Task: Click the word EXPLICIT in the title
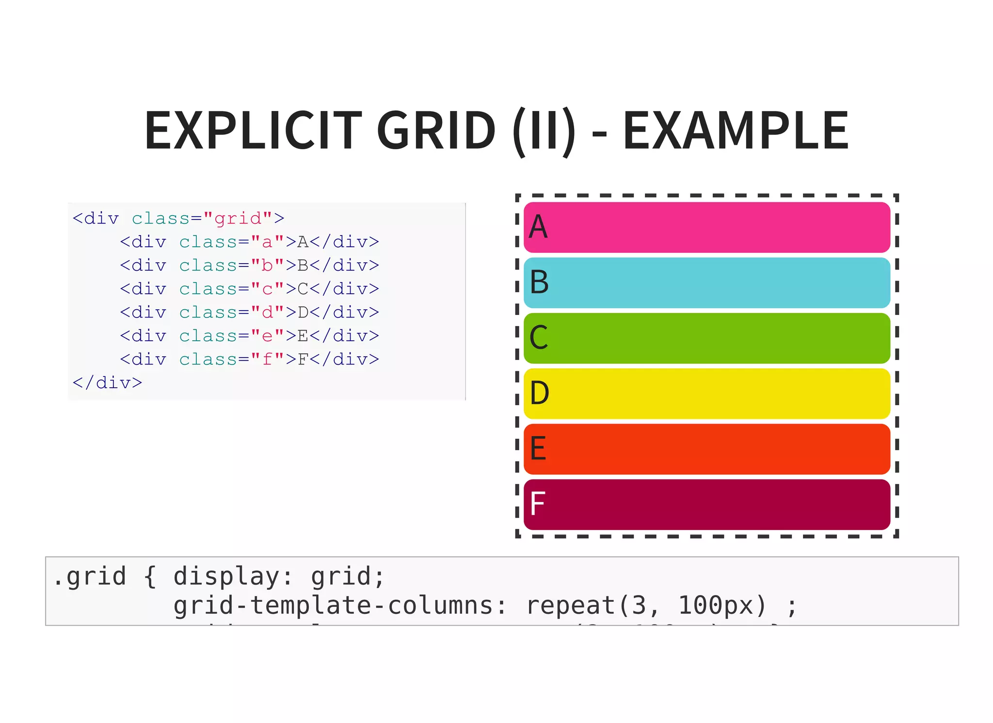pos(253,130)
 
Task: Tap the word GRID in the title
pos(436,130)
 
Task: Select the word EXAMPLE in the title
pos(736,130)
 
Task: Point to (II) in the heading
pos(545,130)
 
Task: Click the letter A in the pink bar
pos(538,227)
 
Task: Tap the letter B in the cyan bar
pos(539,282)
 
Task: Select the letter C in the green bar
pos(539,338)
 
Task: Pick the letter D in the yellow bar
pos(539,393)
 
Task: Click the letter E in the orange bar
pos(538,449)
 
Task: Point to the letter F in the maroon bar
pos(537,504)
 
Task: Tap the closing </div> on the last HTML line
pos(107,383)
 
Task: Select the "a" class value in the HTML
pos(267,242)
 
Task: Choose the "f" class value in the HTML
pos(267,360)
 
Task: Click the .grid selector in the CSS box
pos(90,577)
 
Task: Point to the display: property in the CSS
pos(233,577)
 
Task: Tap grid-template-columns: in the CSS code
pos(339,606)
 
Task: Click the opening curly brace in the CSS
pos(150,577)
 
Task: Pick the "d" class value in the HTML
pos(267,313)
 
